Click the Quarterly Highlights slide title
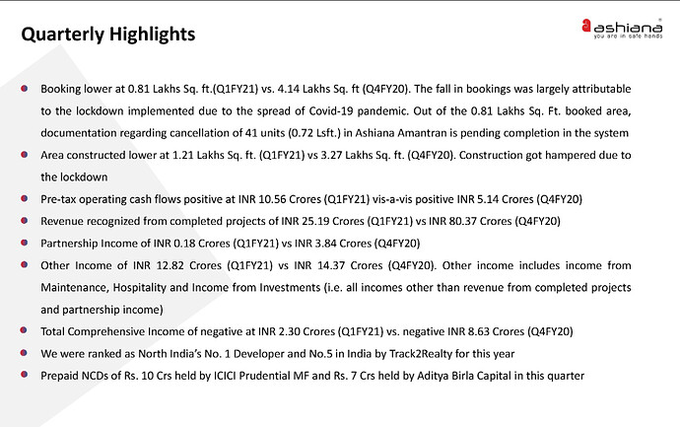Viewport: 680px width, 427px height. pos(108,34)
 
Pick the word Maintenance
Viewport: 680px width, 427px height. pos(75,287)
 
